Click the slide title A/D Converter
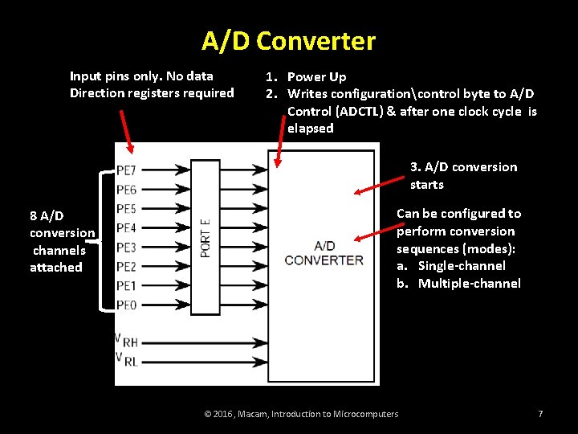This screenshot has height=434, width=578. click(288, 41)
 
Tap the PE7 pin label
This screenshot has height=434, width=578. click(126, 170)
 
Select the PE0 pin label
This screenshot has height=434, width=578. click(126, 305)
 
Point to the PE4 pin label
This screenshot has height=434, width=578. click(126, 228)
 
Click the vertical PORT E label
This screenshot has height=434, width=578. click(206, 238)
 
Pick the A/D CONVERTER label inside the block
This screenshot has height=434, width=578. click(324, 252)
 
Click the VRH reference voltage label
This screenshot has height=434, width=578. click(127, 341)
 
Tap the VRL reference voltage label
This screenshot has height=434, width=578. click(127, 358)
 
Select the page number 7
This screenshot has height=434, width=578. click(540, 414)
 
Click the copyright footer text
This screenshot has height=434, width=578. click(301, 414)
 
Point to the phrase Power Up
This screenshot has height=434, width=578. click(316, 77)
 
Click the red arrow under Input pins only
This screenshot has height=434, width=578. click(127, 133)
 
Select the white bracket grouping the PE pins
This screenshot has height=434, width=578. click(102, 239)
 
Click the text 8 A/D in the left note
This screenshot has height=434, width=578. click(47, 216)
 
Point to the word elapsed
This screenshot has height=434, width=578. click(310, 129)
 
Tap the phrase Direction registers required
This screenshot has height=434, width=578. click(152, 93)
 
